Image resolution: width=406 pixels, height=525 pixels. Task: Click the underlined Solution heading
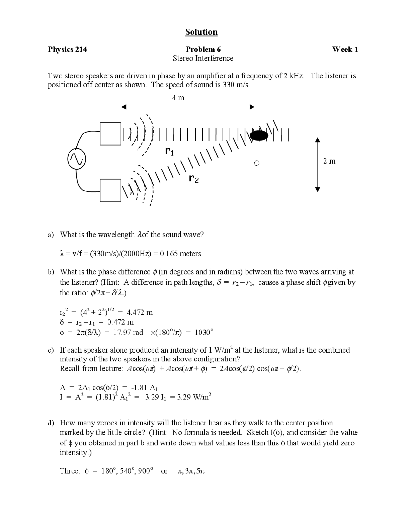pyautogui.click(x=201, y=32)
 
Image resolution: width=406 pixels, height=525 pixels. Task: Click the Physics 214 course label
pyautogui.click(x=67, y=49)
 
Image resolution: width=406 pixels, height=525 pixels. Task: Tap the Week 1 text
pyautogui.click(x=345, y=49)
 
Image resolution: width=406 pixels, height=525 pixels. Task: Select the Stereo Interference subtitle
pyautogui.click(x=203, y=58)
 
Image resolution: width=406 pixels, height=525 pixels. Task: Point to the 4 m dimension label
pyautogui.click(x=178, y=98)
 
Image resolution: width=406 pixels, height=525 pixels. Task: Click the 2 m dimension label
pyautogui.click(x=329, y=161)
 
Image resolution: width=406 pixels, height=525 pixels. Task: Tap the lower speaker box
pyautogui.click(x=110, y=191)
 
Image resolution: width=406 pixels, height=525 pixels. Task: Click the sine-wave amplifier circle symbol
pyautogui.click(x=76, y=159)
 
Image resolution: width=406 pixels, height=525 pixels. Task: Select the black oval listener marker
pyautogui.click(x=259, y=135)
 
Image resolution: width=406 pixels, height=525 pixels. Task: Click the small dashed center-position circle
pyautogui.click(x=257, y=163)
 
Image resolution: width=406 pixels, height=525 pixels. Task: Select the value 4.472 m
pyautogui.click(x=140, y=313)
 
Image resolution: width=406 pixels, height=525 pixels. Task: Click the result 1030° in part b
pyautogui.click(x=204, y=333)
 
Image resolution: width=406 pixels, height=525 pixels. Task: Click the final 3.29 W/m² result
pyautogui.click(x=193, y=397)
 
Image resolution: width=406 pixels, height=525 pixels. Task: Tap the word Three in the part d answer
pyautogui.click(x=69, y=471)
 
